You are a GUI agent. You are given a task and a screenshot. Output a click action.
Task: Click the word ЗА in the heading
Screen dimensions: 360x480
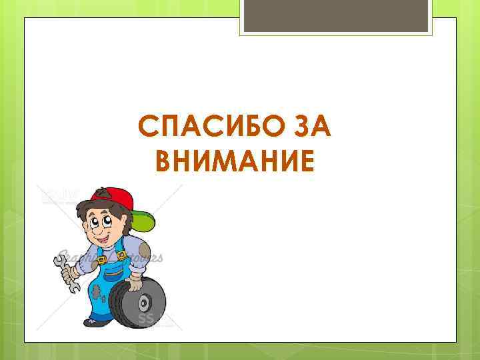click(x=306, y=125)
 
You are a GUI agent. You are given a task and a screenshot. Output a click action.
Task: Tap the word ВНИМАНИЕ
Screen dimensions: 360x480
click(x=233, y=160)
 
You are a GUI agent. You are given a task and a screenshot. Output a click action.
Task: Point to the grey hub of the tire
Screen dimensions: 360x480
click(x=145, y=303)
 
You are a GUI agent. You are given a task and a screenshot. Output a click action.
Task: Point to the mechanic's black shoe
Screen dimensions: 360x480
click(x=97, y=322)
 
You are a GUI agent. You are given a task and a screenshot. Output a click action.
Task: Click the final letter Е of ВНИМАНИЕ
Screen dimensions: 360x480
click(x=303, y=160)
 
